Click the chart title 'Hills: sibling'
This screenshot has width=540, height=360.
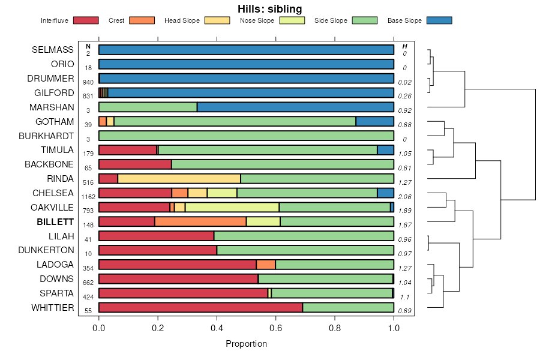[x=269, y=9]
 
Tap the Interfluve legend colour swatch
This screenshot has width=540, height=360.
[x=85, y=20]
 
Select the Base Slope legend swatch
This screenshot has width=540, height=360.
[x=439, y=20]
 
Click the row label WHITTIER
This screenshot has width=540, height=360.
[x=53, y=308]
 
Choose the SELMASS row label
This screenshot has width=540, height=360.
[x=53, y=49]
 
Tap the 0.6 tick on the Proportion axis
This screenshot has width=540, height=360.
[x=275, y=328]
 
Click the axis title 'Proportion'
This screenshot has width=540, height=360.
[x=246, y=344]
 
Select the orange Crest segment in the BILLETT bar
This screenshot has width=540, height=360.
[x=200, y=221]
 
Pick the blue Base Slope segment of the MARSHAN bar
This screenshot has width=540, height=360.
[x=295, y=107]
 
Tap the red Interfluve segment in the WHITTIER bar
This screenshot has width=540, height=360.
[x=200, y=308]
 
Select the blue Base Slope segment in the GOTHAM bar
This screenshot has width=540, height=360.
[x=374, y=121]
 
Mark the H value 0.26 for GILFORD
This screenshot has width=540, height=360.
[x=405, y=96]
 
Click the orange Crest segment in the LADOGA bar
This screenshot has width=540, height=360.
[x=266, y=265]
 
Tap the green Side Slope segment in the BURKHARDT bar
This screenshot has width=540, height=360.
[x=246, y=136]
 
